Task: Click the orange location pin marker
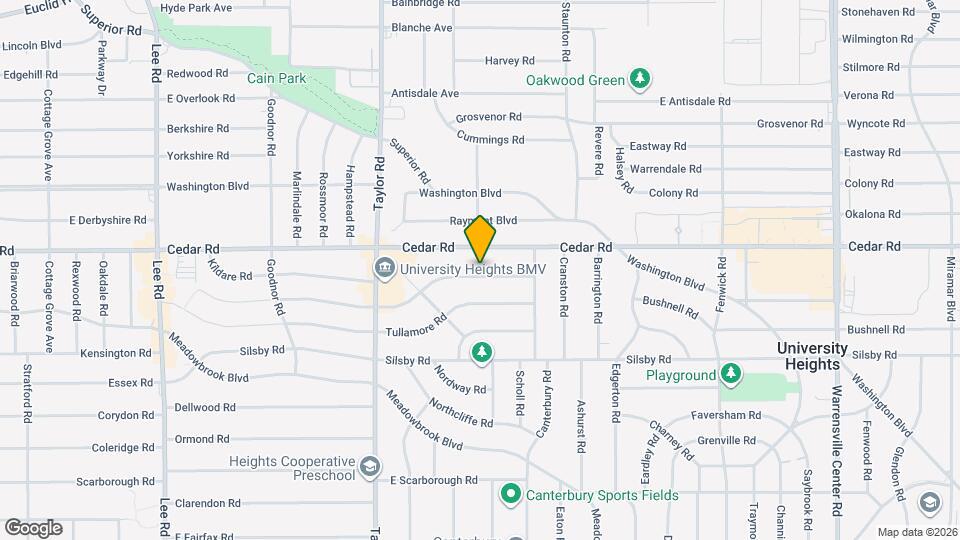[x=480, y=238]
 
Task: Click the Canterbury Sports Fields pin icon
[x=510, y=494]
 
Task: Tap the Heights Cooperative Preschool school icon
[x=370, y=467]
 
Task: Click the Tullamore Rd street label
[x=415, y=330]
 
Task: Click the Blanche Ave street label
[x=423, y=28]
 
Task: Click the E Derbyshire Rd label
[x=107, y=220]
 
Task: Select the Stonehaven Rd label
[x=878, y=12]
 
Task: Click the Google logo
[x=33, y=528]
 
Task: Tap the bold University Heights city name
[x=812, y=356]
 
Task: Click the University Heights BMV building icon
[x=385, y=269]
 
